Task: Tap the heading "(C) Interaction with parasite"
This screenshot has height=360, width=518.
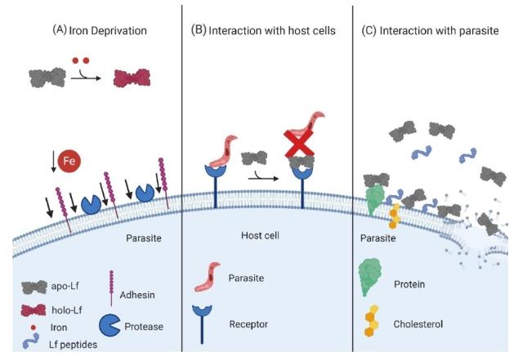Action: [x=434, y=30]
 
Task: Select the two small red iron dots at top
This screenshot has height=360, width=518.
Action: [x=80, y=60]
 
